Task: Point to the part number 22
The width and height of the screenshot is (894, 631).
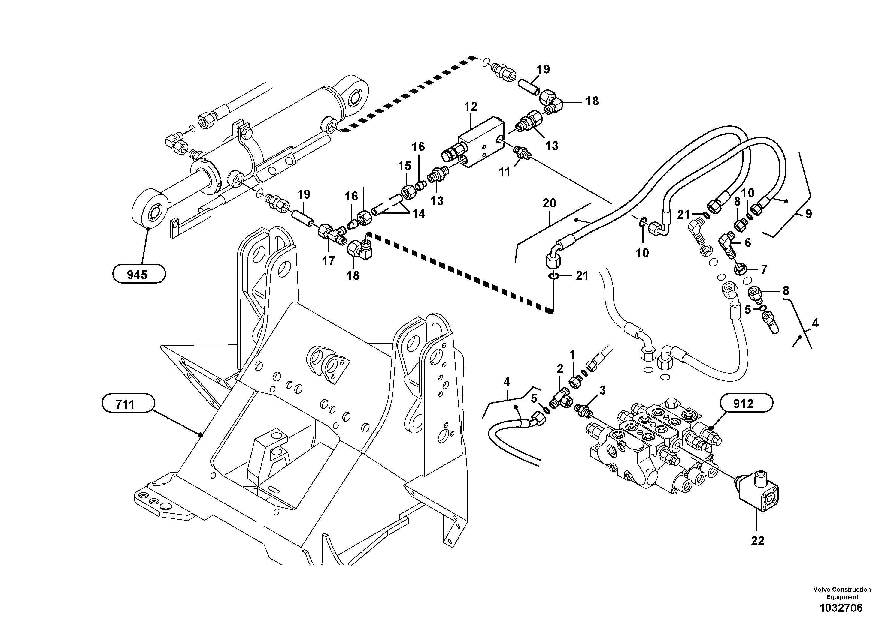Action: tap(758, 541)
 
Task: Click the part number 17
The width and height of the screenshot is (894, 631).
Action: tap(328, 261)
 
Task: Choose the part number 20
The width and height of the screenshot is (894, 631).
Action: tap(550, 203)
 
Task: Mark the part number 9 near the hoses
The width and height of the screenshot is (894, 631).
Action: tap(808, 214)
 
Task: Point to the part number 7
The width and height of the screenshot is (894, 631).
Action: tap(764, 269)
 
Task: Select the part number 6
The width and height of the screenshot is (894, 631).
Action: tap(747, 243)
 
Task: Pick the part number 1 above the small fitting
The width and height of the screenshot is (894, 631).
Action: tap(572, 354)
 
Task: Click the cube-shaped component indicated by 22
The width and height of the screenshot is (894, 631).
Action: tap(757, 494)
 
